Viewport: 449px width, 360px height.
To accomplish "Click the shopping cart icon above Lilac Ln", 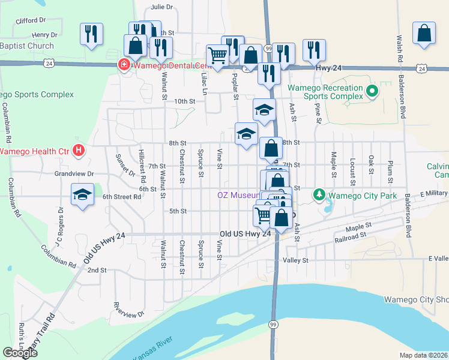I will [217, 56].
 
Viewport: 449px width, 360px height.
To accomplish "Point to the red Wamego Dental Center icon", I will [124, 64].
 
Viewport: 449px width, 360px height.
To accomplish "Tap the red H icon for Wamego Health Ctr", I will [78, 150].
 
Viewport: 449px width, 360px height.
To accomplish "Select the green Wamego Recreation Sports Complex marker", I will [372, 92].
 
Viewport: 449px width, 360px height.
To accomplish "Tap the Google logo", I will [20, 353].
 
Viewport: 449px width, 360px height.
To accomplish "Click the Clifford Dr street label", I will [31, 20].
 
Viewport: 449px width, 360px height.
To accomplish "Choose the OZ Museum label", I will [237, 195].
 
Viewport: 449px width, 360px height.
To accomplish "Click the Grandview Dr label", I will [74, 174].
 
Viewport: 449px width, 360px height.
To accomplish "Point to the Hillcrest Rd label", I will [142, 166].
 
